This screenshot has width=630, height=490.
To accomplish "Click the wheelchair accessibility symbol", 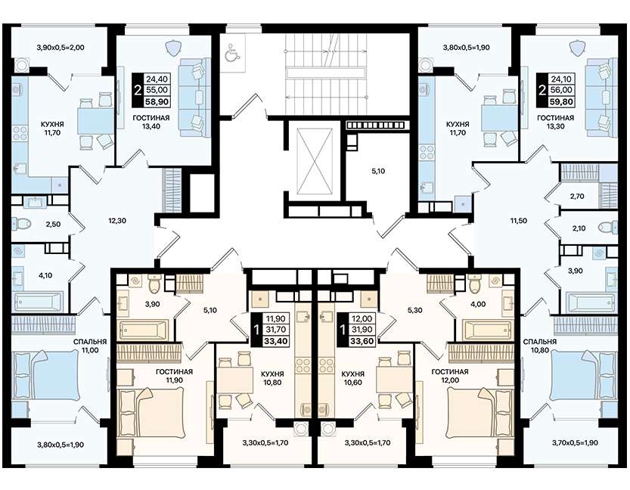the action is [232, 52].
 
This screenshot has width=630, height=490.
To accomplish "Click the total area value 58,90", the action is [157, 101].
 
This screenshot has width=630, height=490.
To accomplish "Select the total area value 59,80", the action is [561, 101].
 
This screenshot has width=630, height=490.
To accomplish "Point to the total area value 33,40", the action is [275, 341].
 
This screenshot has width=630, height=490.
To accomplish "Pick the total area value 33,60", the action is [362, 341].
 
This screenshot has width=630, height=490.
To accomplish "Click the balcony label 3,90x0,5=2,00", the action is [61, 48].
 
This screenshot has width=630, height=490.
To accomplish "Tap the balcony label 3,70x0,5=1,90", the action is [575, 443].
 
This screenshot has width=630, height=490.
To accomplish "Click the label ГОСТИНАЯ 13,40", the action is [151, 122].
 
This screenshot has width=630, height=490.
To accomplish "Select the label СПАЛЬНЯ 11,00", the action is [90, 346].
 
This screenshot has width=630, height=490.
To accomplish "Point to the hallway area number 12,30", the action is [117, 221].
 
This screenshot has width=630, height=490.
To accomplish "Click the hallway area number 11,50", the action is [518, 221].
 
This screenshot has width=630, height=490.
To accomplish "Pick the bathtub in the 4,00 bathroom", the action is [486, 330].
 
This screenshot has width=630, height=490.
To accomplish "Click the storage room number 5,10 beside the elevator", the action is [378, 171].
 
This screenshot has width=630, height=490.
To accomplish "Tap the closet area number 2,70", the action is [577, 197].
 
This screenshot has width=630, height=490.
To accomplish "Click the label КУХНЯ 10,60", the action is [352, 378].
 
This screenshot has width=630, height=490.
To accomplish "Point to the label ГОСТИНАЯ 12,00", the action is [450, 376].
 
